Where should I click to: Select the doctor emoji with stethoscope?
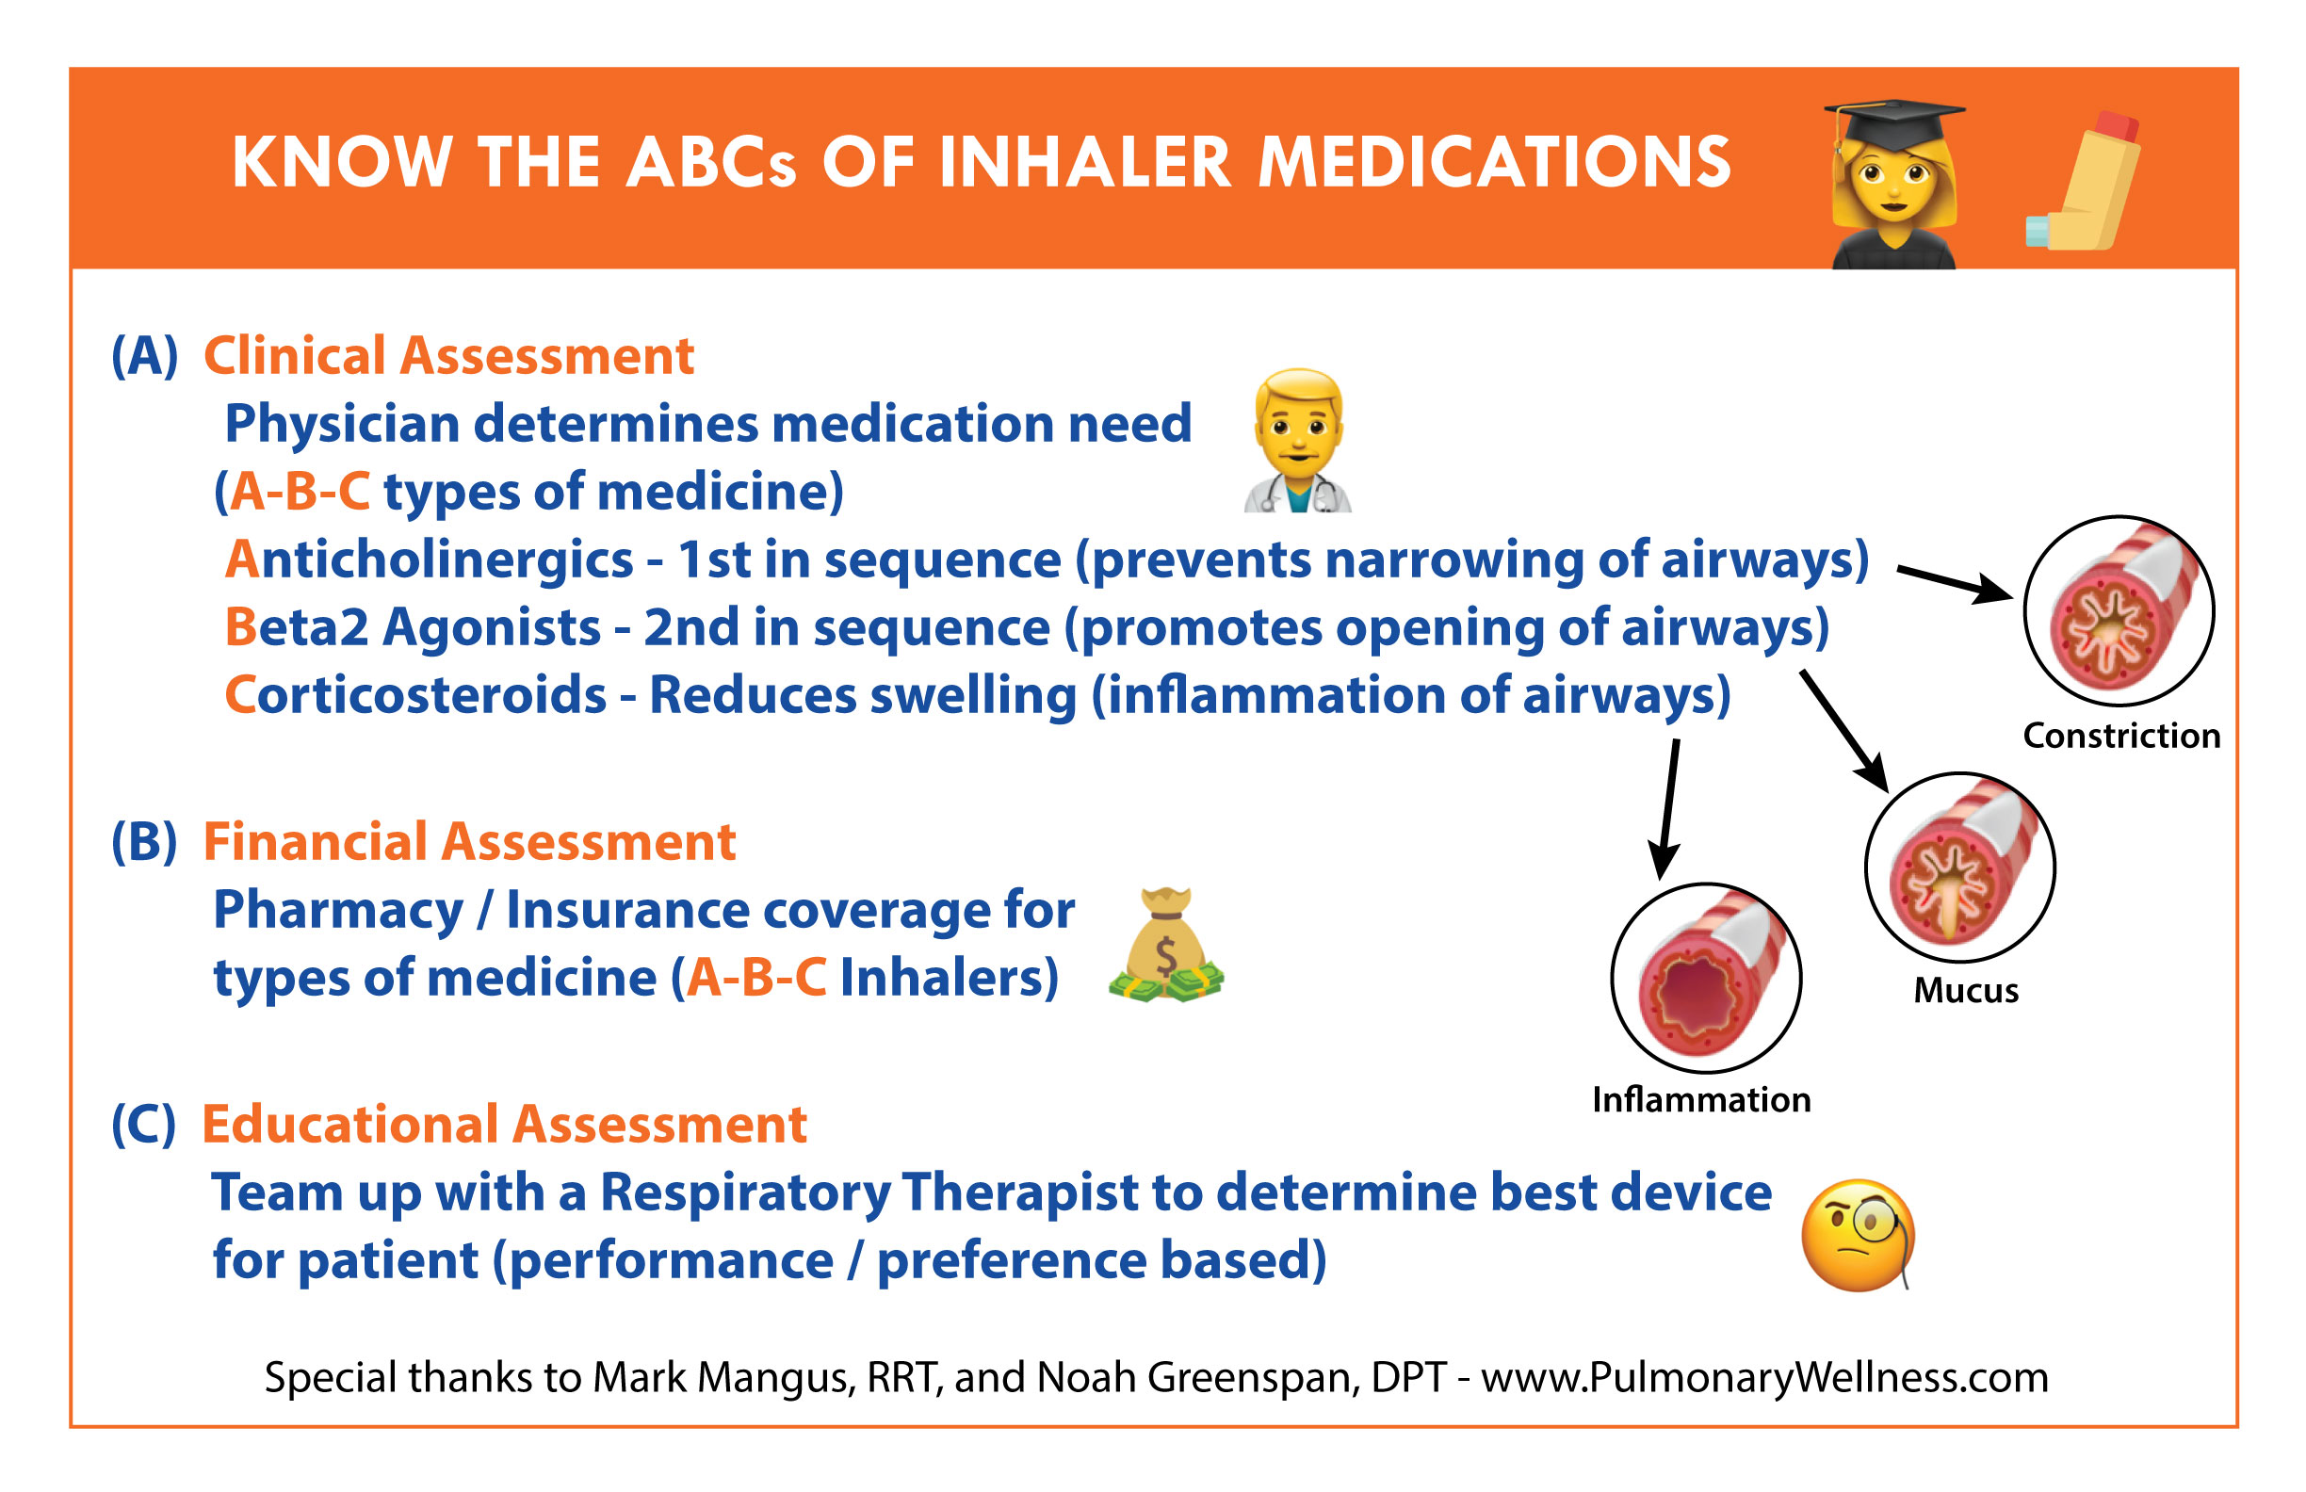pyautogui.click(x=1298, y=441)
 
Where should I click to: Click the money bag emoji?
pyautogui.click(x=1165, y=945)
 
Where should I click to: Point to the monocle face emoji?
pyautogui.click(x=1859, y=1235)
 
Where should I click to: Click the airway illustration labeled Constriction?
pyautogui.click(x=2119, y=610)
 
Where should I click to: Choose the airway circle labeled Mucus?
pyautogui.click(x=1960, y=868)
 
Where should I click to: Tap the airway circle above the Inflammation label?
pyautogui.click(x=1706, y=978)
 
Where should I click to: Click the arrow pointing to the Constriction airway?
pyautogui.click(x=1956, y=584)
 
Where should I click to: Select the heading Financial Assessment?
pyautogui.click(x=469, y=841)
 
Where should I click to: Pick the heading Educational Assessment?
pyautogui.click(x=504, y=1124)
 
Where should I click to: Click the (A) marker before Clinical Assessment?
pyautogui.click(x=145, y=355)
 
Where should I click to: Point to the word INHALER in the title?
pyautogui.click(x=1085, y=162)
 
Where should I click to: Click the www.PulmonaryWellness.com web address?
pyautogui.click(x=1764, y=1378)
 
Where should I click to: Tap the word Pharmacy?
pyautogui.click(x=338, y=911)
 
